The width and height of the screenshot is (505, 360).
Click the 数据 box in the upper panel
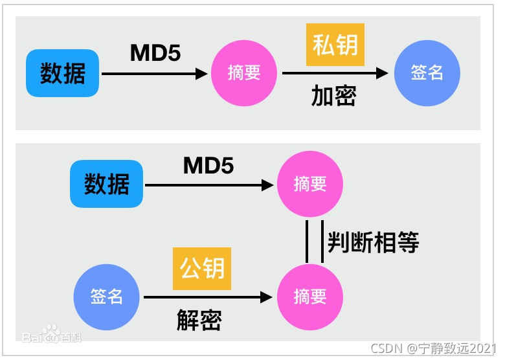coord(63,73)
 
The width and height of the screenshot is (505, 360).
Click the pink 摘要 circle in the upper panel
coord(243,73)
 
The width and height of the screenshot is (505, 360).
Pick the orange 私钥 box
coord(335,45)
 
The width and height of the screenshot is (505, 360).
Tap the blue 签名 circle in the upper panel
coord(427,73)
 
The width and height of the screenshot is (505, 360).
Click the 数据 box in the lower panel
coord(107,185)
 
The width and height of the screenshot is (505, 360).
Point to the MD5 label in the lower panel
coord(208,165)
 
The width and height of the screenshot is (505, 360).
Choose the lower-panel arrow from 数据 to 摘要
coord(208,185)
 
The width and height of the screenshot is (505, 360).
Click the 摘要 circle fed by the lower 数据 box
coord(310,185)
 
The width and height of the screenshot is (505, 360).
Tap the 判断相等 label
coord(372,242)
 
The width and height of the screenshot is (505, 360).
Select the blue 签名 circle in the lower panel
coord(107,297)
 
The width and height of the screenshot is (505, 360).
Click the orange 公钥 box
coord(202,269)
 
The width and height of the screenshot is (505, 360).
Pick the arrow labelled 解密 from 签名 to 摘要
coord(207,297)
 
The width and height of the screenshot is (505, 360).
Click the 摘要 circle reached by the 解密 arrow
coord(310,297)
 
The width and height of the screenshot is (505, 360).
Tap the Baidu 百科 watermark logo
coord(51,337)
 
